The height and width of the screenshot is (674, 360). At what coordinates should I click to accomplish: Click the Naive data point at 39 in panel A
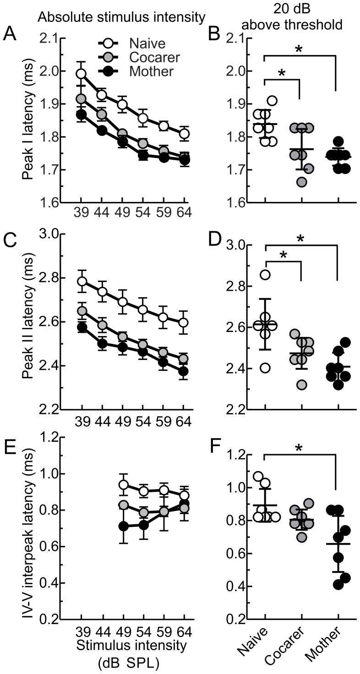[81, 74]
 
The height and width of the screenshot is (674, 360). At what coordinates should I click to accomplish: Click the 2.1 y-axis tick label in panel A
[55, 38]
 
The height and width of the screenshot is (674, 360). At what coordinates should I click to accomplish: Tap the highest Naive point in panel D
[265, 275]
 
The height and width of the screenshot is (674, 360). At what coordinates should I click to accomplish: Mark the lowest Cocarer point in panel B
[301, 182]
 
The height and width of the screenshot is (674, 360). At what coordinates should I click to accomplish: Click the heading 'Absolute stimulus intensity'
[121, 17]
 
